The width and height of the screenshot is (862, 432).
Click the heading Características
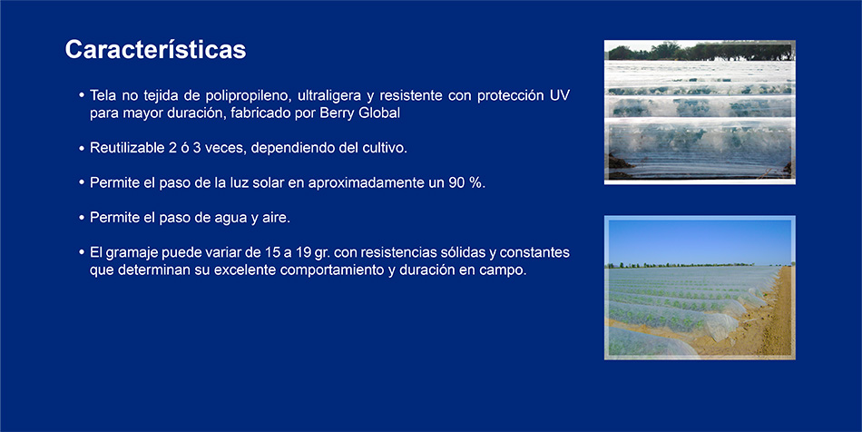pos(155,50)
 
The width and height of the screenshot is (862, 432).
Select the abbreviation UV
pos(560,95)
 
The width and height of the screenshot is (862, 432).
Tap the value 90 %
pos(466,182)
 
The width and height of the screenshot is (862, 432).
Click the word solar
pos(269,182)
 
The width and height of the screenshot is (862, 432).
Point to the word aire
pos(276,218)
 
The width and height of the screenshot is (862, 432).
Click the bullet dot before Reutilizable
pos(82,149)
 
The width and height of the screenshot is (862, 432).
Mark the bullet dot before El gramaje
pos(82,253)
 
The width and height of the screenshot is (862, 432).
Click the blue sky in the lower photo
pos(700,241)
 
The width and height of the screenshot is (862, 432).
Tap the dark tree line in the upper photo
pos(700,53)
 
